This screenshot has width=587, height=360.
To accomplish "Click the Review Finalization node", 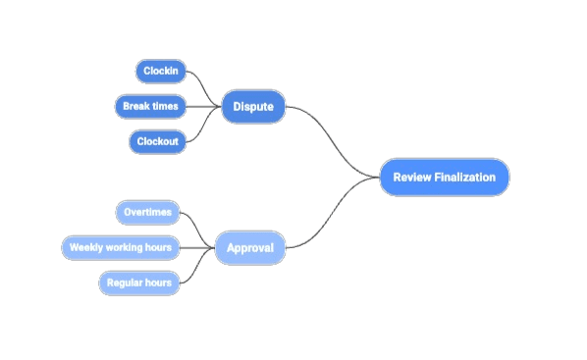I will point(445,178).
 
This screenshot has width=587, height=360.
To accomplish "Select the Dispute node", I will point(253,106).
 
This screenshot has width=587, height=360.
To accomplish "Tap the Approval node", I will point(250,247).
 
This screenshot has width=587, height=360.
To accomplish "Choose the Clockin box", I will point(160,71).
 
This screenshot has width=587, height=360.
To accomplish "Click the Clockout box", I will point(157,142).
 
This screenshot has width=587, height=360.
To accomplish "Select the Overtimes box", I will point(147,212).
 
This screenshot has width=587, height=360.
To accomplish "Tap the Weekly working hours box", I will point(121,247).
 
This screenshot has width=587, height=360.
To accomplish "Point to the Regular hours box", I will point(139,283).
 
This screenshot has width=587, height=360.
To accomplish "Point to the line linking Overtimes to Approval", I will point(199,229).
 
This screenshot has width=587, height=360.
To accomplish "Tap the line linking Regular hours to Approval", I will point(199,267).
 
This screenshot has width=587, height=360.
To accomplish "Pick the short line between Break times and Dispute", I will point(204,106).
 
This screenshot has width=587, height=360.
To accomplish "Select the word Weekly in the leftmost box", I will point(85,247).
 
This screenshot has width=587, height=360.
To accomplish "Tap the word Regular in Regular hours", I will point(127,283).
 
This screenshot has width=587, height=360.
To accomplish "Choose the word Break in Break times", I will point(135,105).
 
